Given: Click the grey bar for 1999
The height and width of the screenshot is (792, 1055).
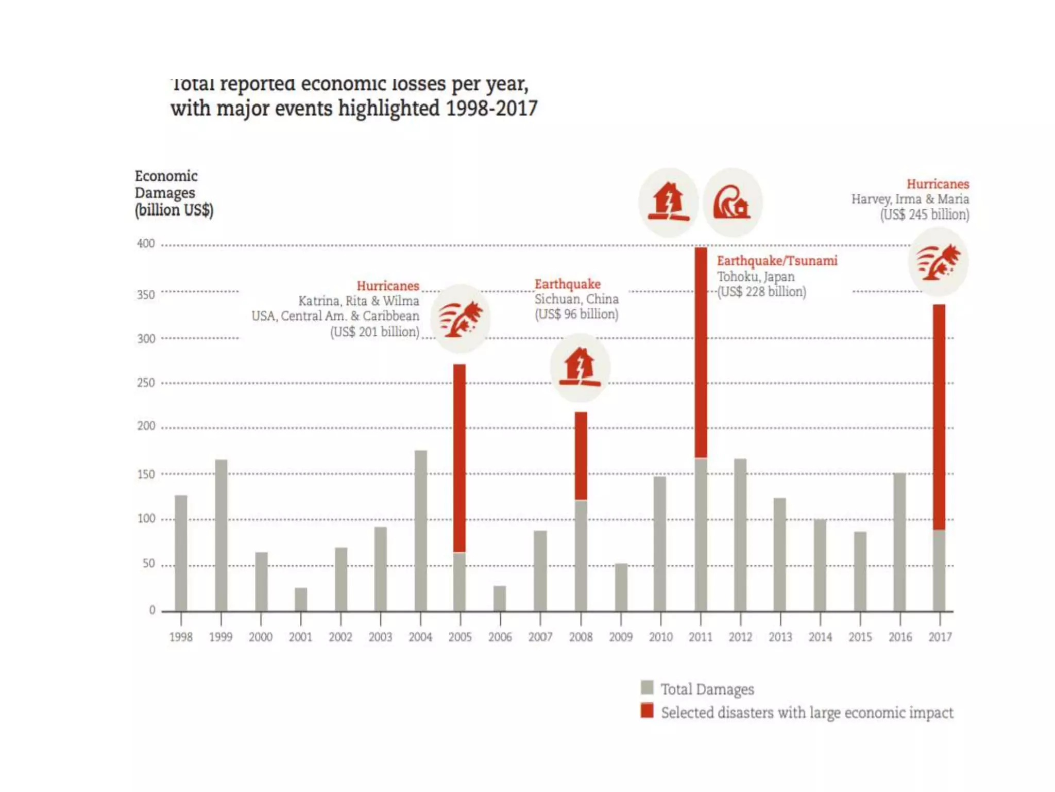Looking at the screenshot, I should pyautogui.click(x=221, y=535).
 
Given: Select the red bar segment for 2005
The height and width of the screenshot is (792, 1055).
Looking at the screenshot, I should pyautogui.click(x=460, y=458).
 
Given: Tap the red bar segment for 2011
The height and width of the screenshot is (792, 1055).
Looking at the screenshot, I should pyautogui.click(x=701, y=352).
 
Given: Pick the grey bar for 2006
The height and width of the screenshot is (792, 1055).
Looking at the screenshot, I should pyautogui.click(x=500, y=598).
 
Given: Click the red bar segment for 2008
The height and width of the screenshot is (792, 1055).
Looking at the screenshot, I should pyautogui.click(x=581, y=456).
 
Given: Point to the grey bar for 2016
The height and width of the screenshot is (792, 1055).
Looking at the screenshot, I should pyautogui.click(x=899, y=541).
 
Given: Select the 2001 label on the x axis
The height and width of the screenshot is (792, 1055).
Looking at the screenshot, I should pyautogui.click(x=300, y=637).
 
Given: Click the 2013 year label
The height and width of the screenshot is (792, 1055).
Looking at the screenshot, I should pyautogui.click(x=780, y=637).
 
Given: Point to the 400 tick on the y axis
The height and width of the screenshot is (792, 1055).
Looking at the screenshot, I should pyautogui.click(x=146, y=243).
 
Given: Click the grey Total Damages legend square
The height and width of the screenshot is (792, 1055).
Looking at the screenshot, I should pyautogui.click(x=647, y=687).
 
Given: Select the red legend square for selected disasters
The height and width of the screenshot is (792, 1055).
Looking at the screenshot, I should pyautogui.click(x=647, y=711).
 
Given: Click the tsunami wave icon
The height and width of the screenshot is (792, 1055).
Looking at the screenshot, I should pyautogui.click(x=732, y=202).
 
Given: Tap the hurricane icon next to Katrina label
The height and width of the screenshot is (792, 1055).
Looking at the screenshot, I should pyautogui.click(x=461, y=319).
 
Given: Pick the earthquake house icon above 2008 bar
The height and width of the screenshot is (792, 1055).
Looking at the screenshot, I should pyautogui.click(x=580, y=368).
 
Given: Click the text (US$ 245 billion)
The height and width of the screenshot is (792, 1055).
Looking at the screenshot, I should pyautogui.click(x=925, y=214).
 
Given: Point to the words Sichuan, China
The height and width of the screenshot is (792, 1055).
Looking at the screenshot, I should pyautogui.click(x=576, y=299).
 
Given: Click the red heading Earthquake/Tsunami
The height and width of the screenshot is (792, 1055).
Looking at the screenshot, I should pyautogui.click(x=777, y=261).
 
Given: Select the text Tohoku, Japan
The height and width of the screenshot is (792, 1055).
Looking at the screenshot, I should pyautogui.click(x=756, y=276).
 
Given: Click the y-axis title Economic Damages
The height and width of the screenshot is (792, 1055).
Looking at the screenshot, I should pyautogui.click(x=166, y=184).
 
